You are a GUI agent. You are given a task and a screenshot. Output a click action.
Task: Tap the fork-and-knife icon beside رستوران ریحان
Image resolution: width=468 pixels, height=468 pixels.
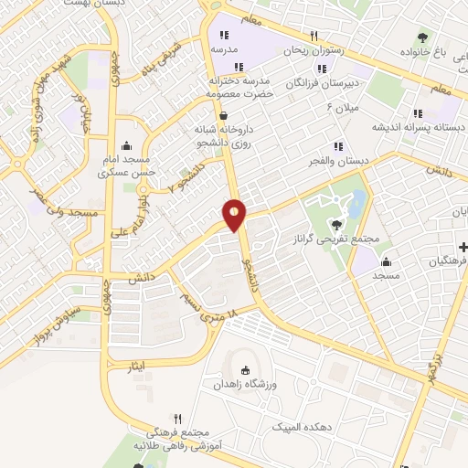click(x=313, y=36)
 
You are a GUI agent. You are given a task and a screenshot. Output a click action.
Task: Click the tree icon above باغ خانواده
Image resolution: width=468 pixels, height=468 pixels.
click(x=421, y=37)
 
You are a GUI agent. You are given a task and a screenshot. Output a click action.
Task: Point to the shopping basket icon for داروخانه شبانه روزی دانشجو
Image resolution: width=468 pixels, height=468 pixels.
click(x=223, y=115)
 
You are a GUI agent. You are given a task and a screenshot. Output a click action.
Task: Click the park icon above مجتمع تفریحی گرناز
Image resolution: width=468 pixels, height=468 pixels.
click(x=337, y=223)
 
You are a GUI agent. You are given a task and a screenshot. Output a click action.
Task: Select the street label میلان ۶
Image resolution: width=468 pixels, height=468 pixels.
click(x=344, y=108)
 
